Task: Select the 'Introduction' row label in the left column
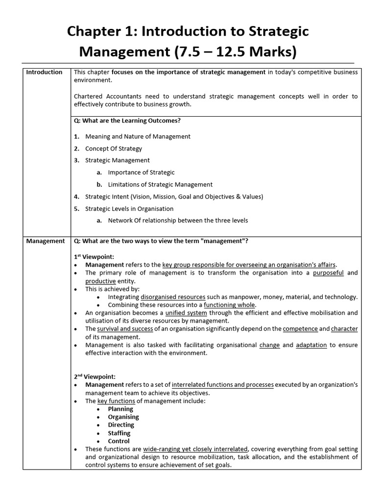coord(44,72)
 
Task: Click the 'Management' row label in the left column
coord(45,241)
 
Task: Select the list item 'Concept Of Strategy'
coord(114,149)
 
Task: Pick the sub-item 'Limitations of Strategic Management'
coord(160,184)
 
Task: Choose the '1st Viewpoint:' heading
coord(94,256)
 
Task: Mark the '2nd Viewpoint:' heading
coord(94,376)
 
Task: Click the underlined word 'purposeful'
coord(328,273)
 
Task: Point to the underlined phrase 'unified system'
coord(186,313)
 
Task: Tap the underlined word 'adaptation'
coord(311,345)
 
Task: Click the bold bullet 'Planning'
coord(120,409)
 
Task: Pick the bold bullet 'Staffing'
coord(119,433)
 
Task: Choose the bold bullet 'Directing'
coord(121,425)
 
